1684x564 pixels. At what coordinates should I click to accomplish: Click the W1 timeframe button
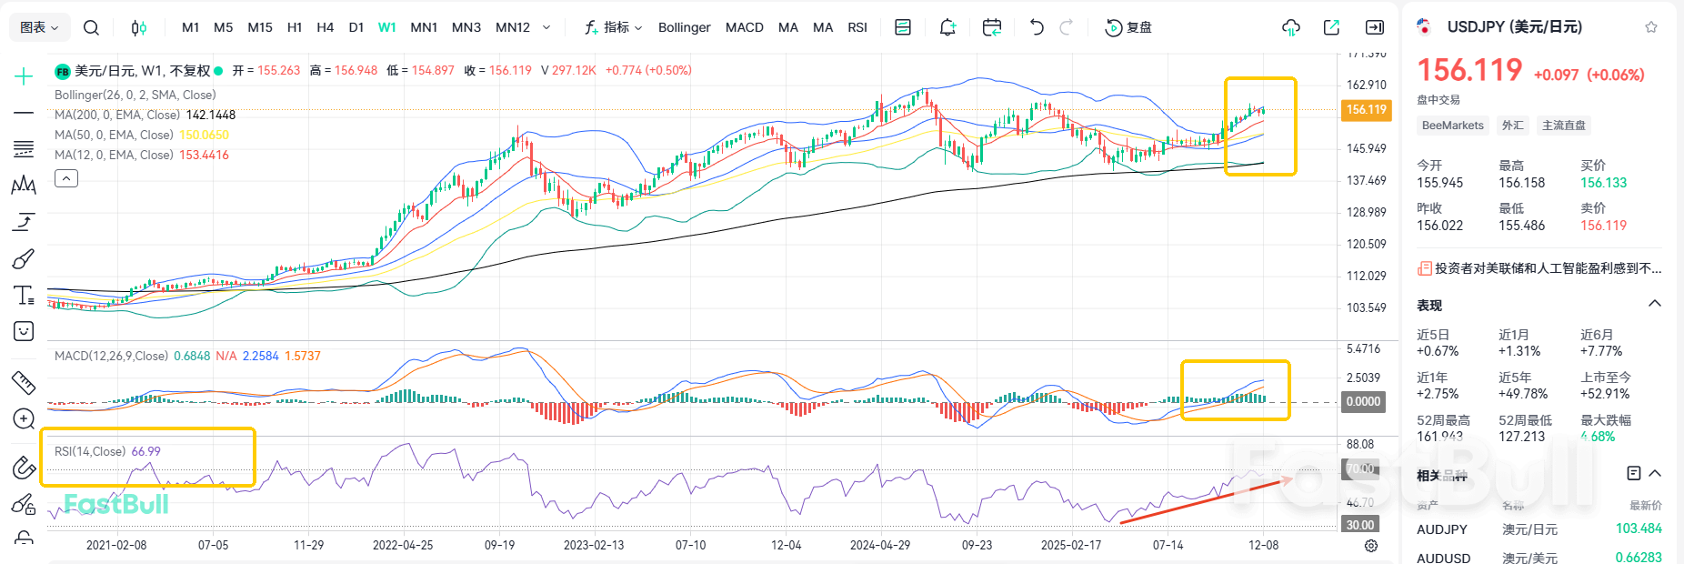[386, 27]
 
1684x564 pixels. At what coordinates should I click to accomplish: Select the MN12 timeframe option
[512, 27]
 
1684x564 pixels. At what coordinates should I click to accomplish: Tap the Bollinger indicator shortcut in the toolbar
[684, 27]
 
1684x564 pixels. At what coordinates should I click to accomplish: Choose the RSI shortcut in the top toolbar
[857, 27]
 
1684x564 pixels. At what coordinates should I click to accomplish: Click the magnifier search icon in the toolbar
[91, 27]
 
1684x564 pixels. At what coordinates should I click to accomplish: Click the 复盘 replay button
[1128, 27]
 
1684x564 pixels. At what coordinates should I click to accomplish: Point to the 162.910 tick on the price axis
[1366, 85]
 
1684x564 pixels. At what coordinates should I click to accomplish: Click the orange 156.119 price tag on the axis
[1366, 109]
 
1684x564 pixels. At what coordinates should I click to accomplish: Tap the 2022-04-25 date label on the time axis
[402, 545]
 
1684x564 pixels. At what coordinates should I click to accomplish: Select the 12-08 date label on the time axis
[1263, 545]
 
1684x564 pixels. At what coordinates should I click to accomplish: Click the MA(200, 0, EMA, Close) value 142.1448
[210, 115]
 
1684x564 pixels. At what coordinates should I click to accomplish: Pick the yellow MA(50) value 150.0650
[204, 135]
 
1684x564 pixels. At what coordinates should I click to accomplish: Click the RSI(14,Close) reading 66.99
[145, 451]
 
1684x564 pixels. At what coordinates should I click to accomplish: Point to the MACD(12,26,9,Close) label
[111, 356]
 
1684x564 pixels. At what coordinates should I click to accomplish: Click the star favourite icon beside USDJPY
[1650, 27]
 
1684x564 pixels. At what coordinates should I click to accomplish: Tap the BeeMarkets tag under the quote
[1452, 126]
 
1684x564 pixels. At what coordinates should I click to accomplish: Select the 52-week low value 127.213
[1521, 437]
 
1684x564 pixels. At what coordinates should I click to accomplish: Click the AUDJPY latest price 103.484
[1638, 529]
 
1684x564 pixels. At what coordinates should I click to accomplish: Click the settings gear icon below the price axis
[1370, 546]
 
